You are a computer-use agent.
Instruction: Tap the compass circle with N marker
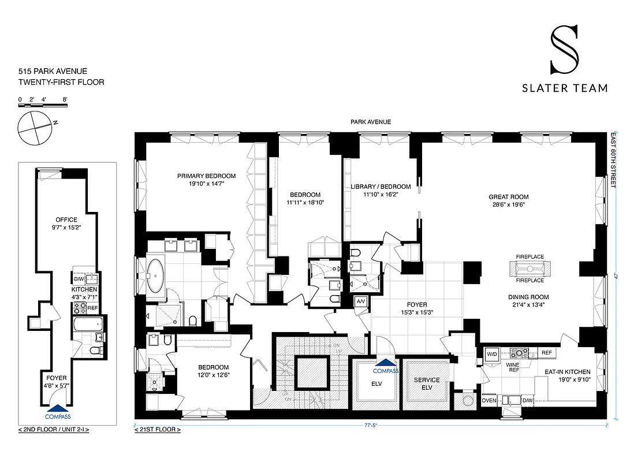(x=34, y=128)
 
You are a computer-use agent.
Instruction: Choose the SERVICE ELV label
(x=427, y=383)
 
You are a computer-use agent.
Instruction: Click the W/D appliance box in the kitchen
(x=493, y=353)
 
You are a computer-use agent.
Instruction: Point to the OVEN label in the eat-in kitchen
(x=489, y=400)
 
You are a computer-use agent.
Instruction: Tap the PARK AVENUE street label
(x=370, y=122)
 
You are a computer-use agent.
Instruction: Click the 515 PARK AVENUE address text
(x=53, y=71)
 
